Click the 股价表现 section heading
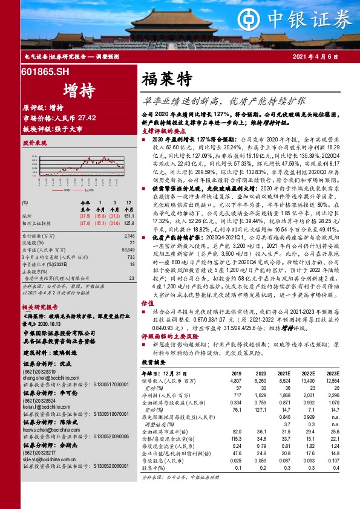click(x=34, y=144)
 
